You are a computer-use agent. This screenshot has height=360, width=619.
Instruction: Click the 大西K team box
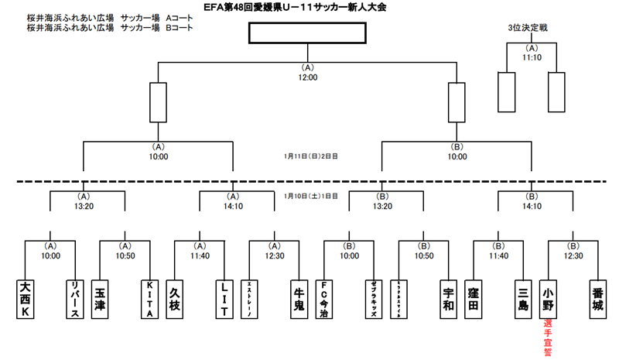[x=26, y=298]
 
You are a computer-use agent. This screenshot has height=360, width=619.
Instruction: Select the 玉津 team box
[x=101, y=298]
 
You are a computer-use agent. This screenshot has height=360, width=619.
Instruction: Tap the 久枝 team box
[x=176, y=298]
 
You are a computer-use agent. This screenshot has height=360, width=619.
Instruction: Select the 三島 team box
[x=522, y=298]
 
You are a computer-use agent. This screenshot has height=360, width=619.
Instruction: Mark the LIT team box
[x=224, y=298]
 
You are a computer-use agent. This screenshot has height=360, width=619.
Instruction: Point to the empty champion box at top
[x=307, y=33]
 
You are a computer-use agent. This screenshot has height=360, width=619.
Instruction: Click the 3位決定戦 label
[x=532, y=28]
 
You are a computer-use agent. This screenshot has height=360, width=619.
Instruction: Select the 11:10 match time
[x=532, y=57]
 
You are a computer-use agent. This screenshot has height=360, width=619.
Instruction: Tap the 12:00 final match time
[x=307, y=77]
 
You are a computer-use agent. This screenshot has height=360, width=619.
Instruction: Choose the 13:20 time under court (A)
[x=84, y=206]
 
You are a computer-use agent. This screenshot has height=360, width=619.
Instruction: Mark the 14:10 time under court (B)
[x=532, y=206]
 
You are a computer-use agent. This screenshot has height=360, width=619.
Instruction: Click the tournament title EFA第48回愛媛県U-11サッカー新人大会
[x=308, y=7]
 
